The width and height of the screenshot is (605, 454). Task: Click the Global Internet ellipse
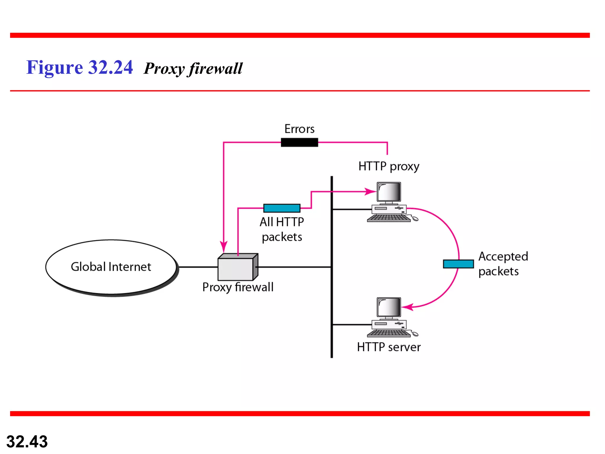tap(111, 267)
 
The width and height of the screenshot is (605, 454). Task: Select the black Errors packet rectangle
tap(299, 142)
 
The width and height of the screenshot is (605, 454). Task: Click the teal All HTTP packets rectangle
tap(282, 208)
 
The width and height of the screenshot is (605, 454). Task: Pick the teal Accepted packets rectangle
tap(458, 264)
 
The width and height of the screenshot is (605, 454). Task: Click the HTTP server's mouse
tap(415, 334)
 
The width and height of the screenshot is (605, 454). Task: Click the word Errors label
tap(299, 129)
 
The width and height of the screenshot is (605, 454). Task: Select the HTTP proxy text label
tap(388, 166)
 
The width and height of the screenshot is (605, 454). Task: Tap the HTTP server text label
tap(388, 347)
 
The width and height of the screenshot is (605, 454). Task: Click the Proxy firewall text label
tap(238, 287)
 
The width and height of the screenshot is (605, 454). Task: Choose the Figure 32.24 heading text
tap(79, 67)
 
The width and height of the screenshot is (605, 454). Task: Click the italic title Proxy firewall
tap(193, 69)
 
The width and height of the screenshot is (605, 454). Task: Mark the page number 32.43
tap(27, 442)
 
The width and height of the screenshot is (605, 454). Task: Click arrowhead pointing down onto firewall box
tap(224, 247)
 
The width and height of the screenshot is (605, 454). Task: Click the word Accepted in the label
tap(503, 257)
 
